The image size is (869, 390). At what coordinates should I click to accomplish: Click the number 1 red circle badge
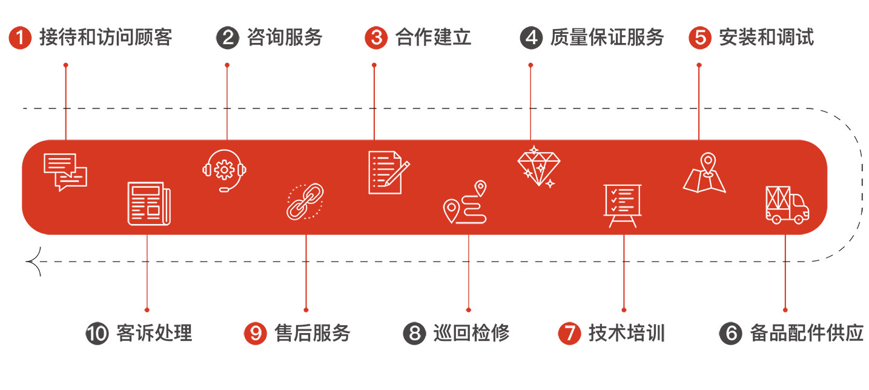click(x=20, y=38)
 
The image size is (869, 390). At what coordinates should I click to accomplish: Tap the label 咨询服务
click(x=285, y=38)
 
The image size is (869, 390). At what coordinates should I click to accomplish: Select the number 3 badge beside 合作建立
click(x=375, y=38)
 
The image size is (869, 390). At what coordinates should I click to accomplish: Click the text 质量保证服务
click(x=607, y=38)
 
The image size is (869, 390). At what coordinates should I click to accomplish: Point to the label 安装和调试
click(x=766, y=38)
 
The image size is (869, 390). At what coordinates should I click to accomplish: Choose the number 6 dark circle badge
click(x=730, y=334)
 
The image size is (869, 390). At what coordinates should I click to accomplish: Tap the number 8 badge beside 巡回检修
click(x=414, y=334)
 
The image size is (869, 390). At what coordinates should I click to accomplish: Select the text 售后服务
click(x=312, y=333)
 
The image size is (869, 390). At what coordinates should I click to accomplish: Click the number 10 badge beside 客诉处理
click(x=97, y=334)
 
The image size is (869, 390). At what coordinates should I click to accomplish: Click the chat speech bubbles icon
click(x=65, y=172)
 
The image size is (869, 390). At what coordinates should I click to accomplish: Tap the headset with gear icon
click(x=225, y=171)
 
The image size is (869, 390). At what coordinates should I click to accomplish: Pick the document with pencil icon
click(x=388, y=173)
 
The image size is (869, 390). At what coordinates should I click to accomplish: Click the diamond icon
click(x=539, y=165)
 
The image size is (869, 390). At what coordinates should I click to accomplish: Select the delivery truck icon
click(x=787, y=205)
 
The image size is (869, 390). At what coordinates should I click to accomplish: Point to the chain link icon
click(x=305, y=201)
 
